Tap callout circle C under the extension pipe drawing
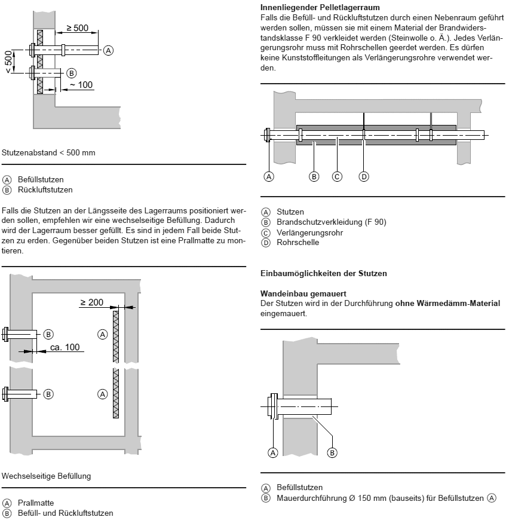337,176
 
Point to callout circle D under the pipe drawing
364,176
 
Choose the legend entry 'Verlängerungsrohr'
309,233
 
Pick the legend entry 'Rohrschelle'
298,242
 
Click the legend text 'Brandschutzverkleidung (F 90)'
331,222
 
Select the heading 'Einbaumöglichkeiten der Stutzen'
323,273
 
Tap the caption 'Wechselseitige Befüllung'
47,476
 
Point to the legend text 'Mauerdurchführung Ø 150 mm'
335,498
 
